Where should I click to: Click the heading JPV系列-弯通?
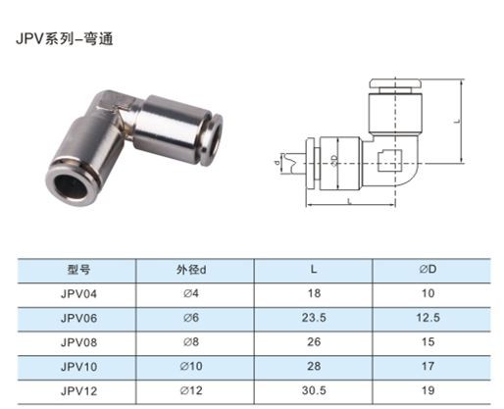point(65,39)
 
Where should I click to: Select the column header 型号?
point(78,270)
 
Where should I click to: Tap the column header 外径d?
point(191,270)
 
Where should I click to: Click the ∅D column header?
point(428,269)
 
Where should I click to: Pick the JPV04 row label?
point(78,293)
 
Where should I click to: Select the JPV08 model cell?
point(78,342)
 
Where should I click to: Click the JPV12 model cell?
point(78,390)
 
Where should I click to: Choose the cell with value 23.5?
point(314,318)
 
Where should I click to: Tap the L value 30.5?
point(314,390)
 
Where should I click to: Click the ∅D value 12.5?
point(428,318)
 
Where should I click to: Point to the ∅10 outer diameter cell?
point(191,366)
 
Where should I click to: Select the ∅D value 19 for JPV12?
point(428,390)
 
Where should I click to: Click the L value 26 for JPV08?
point(314,342)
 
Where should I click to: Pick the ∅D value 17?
point(428,366)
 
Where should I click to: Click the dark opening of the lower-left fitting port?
point(71,186)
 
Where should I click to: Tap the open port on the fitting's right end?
point(217,139)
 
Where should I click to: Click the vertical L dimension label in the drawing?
point(458,121)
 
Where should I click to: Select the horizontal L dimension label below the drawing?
point(349,201)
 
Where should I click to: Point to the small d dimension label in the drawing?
point(277,162)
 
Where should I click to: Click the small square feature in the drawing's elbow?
point(389,161)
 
